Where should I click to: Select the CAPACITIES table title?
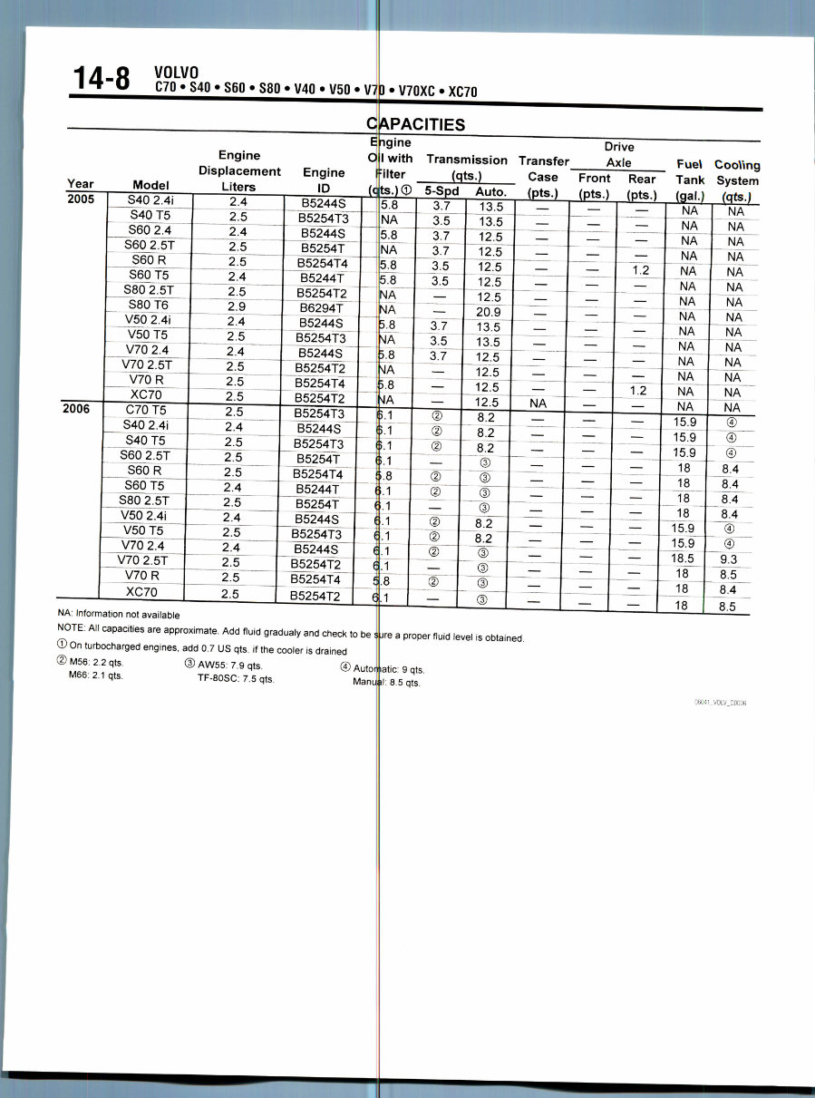[x=415, y=124]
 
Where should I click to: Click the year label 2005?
[x=82, y=199]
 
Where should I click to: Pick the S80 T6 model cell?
[x=151, y=305]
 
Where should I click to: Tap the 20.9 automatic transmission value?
[x=489, y=312]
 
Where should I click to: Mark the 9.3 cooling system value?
[x=728, y=559]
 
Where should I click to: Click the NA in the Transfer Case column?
[x=538, y=403]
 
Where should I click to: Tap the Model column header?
[x=150, y=185]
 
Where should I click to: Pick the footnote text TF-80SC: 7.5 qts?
[x=236, y=677]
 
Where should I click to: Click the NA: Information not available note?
[x=118, y=615]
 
